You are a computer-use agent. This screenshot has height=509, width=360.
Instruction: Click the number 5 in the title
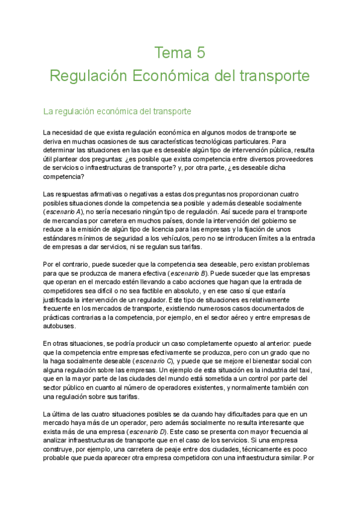tap(200, 53)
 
